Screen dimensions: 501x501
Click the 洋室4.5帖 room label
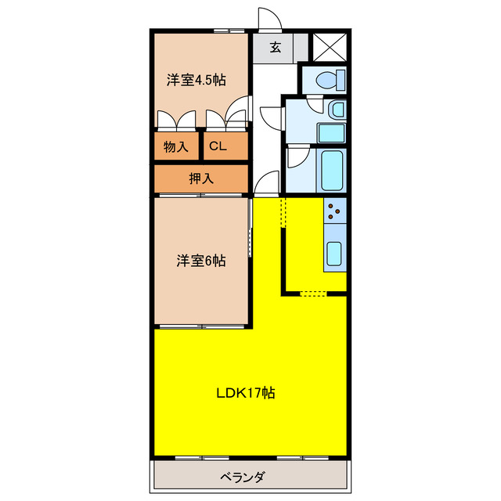click(196, 80)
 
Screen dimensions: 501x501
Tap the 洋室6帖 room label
click(200, 261)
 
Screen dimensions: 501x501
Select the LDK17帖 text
click(245, 392)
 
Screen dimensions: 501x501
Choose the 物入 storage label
click(176, 146)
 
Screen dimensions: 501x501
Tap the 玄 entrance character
click(276, 48)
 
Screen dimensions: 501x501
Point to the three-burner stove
click(335, 209)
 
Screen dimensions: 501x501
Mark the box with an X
click(330, 46)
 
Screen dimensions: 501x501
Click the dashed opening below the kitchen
click(314, 294)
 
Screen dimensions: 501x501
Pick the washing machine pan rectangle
click(332, 132)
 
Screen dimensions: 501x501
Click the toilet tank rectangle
click(341, 79)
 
